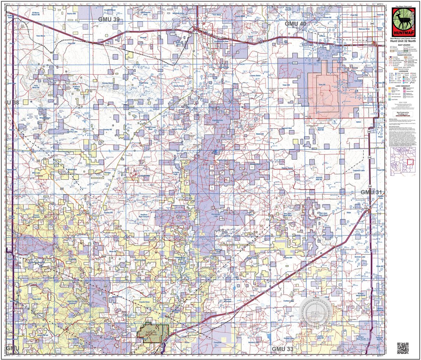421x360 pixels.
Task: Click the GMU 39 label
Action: (x=109, y=19)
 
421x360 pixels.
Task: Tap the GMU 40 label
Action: (x=295, y=24)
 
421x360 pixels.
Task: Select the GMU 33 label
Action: (x=283, y=349)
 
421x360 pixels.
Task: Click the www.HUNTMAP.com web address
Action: (x=403, y=115)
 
